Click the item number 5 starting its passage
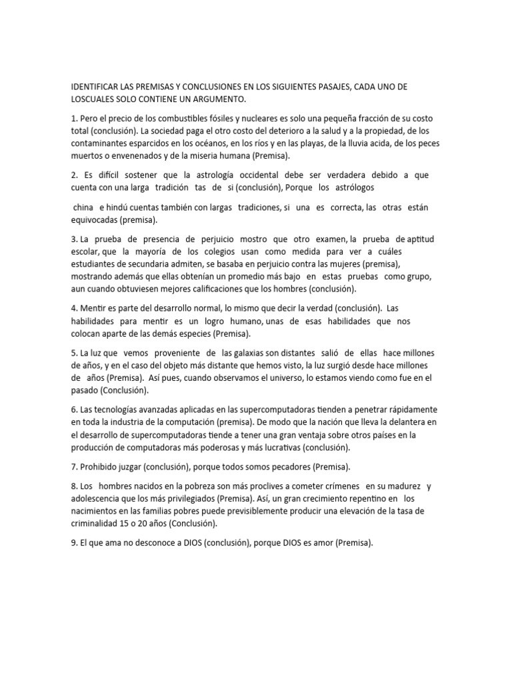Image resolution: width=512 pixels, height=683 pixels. tap(74, 352)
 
